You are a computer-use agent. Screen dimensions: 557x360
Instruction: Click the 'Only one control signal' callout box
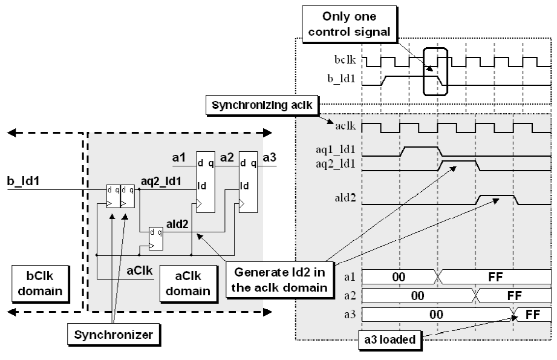tap(349, 24)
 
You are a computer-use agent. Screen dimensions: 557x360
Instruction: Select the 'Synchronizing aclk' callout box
tap(262, 105)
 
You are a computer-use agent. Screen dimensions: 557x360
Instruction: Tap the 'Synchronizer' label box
tap(114, 335)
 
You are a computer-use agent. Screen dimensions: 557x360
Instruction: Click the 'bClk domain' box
tap(40, 284)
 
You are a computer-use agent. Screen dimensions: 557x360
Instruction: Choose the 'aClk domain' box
tap(188, 284)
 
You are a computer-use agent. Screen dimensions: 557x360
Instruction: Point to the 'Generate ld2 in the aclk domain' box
tap(279, 280)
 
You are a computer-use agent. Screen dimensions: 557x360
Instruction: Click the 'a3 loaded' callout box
tap(390, 340)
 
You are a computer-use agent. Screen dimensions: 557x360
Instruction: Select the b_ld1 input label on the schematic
tap(24, 181)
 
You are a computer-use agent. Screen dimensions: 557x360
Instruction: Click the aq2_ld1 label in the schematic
tap(161, 182)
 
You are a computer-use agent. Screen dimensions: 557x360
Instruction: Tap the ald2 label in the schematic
tap(177, 224)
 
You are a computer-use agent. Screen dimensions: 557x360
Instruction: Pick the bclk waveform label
tap(345, 60)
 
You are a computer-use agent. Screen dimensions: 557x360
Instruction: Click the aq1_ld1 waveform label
tap(335, 149)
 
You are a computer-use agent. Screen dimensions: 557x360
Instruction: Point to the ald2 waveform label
tap(345, 198)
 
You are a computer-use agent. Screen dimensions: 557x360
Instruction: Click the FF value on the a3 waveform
tap(532, 315)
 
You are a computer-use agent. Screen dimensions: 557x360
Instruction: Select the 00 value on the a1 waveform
tap(399, 277)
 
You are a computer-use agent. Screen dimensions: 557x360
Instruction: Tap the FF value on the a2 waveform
tap(515, 296)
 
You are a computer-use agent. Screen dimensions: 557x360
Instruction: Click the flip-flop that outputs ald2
tap(156, 238)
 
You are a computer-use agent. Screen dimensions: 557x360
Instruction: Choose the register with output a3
tap(248, 182)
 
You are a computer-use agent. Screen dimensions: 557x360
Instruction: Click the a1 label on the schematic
tap(178, 157)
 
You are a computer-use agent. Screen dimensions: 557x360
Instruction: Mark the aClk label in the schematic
tap(140, 271)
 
